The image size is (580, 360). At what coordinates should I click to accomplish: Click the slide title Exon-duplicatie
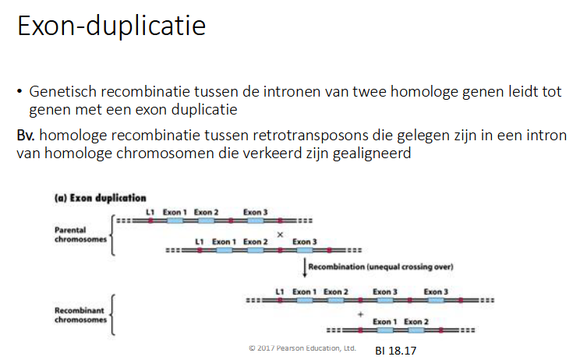[111, 26]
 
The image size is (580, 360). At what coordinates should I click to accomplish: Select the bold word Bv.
[26, 135]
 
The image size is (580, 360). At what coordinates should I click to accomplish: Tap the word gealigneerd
[369, 153]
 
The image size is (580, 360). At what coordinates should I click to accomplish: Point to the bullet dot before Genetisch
[20, 92]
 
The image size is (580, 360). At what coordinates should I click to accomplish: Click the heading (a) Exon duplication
[100, 198]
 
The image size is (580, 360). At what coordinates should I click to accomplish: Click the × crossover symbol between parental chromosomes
[280, 234]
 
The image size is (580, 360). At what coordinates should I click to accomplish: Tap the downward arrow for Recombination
[305, 269]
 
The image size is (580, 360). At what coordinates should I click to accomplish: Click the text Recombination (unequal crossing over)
[380, 267]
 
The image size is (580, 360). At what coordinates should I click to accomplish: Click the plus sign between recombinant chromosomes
[360, 314]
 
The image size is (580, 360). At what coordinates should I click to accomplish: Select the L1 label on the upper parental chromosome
[150, 211]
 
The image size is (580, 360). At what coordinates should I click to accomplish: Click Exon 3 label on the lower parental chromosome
[305, 242]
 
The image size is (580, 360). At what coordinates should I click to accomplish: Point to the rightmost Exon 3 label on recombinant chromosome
[437, 291]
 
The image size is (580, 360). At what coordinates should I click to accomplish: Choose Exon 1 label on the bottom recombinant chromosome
[384, 321]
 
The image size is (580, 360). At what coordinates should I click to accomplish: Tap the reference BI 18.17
[395, 350]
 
